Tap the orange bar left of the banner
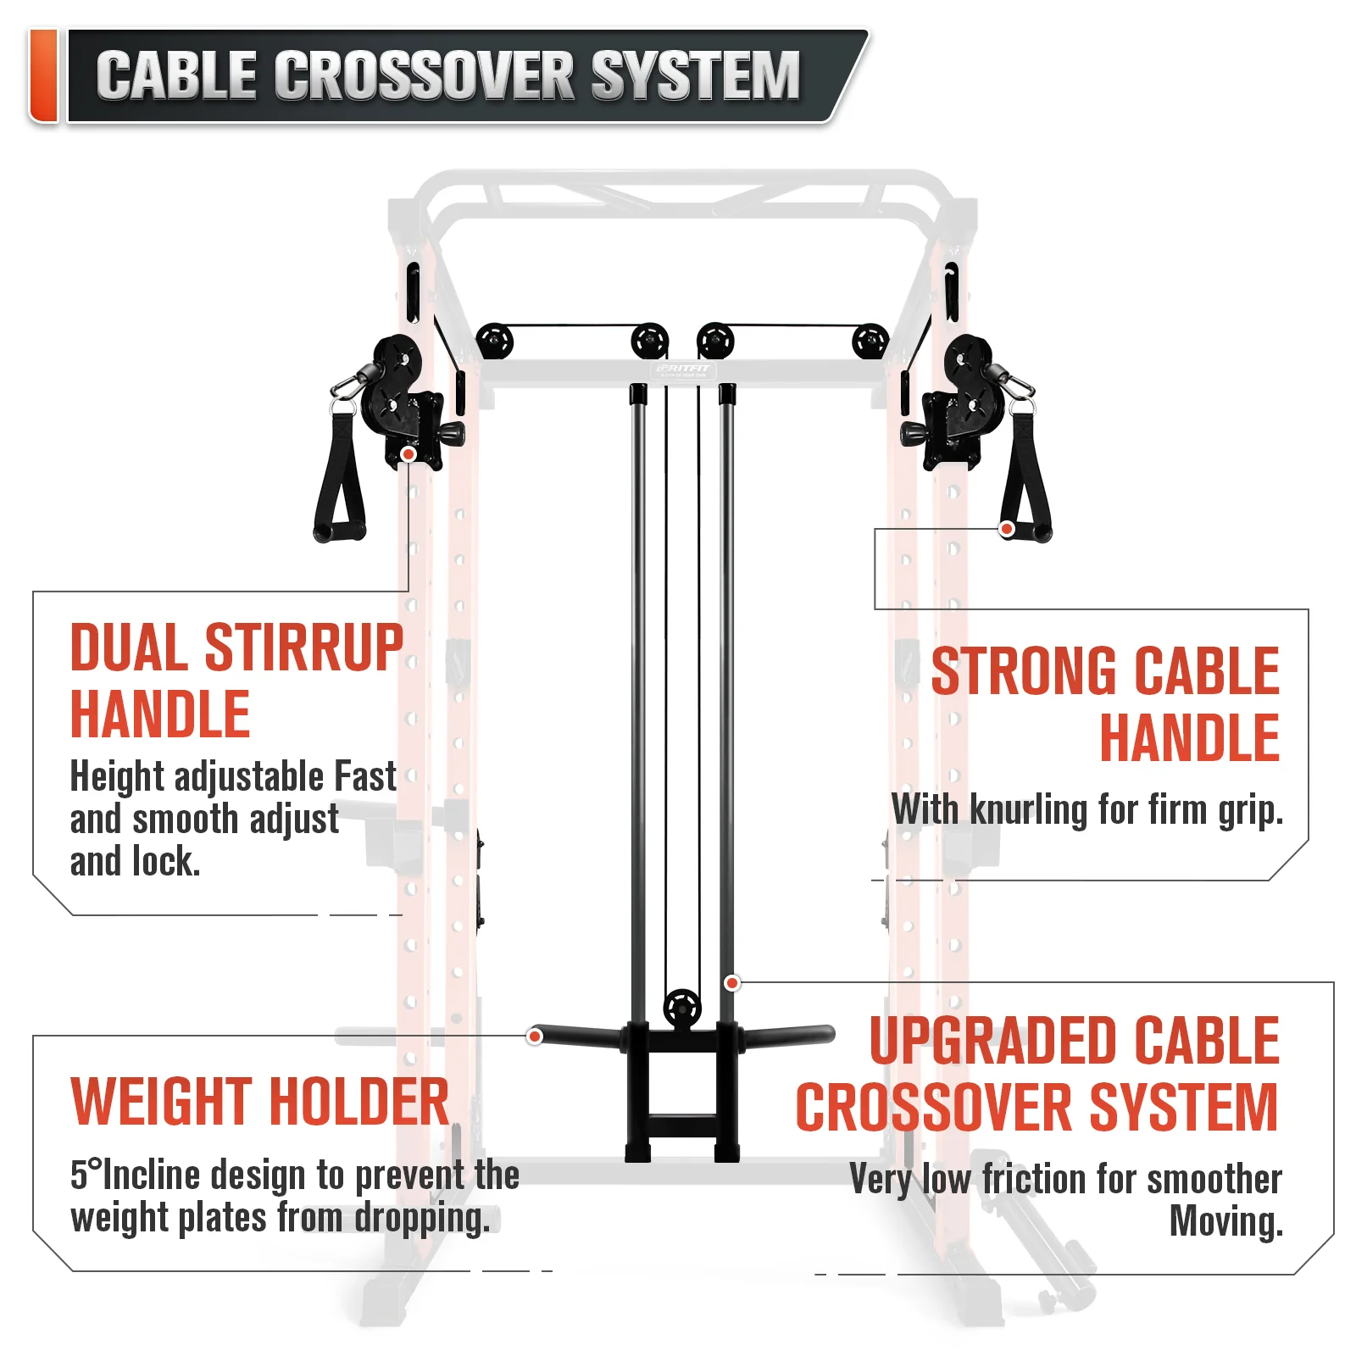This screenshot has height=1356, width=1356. tap(43, 75)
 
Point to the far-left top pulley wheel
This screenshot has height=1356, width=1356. tap(495, 342)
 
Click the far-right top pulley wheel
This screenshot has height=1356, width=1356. tap(870, 342)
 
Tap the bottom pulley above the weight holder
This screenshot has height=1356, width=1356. tap(682, 1008)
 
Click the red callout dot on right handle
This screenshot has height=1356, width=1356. tap(1007, 529)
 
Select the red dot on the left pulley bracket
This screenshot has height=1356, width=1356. tap(408, 454)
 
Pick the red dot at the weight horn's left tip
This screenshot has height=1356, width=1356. tap(535, 1036)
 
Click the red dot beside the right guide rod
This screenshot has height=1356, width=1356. tap(732, 983)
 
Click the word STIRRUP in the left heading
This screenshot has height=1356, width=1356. tap(304, 648)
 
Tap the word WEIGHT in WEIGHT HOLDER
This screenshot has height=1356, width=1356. tap(164, 1102)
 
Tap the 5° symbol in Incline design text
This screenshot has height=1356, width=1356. tap(86, 1174)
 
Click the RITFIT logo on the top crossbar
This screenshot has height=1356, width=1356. tap(683, 370)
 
